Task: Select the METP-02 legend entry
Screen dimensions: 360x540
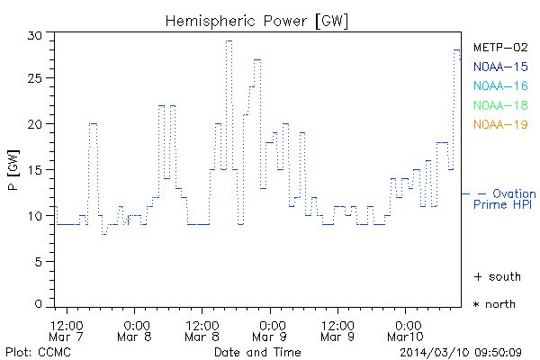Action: pos(500,48)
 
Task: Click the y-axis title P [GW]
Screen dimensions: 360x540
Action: pos(13,169)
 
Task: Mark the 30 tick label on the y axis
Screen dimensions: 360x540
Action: pos(35,34)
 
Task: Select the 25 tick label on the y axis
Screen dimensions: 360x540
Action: pos(35,79)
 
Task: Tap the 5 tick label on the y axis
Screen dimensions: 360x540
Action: pos(39,261)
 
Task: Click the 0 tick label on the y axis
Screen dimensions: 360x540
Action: pos(39,306)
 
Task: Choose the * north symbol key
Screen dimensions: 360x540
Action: pos(495,304)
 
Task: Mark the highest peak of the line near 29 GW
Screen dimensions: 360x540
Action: pos(229,40)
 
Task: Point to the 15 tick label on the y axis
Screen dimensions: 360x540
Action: pos(35,170)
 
